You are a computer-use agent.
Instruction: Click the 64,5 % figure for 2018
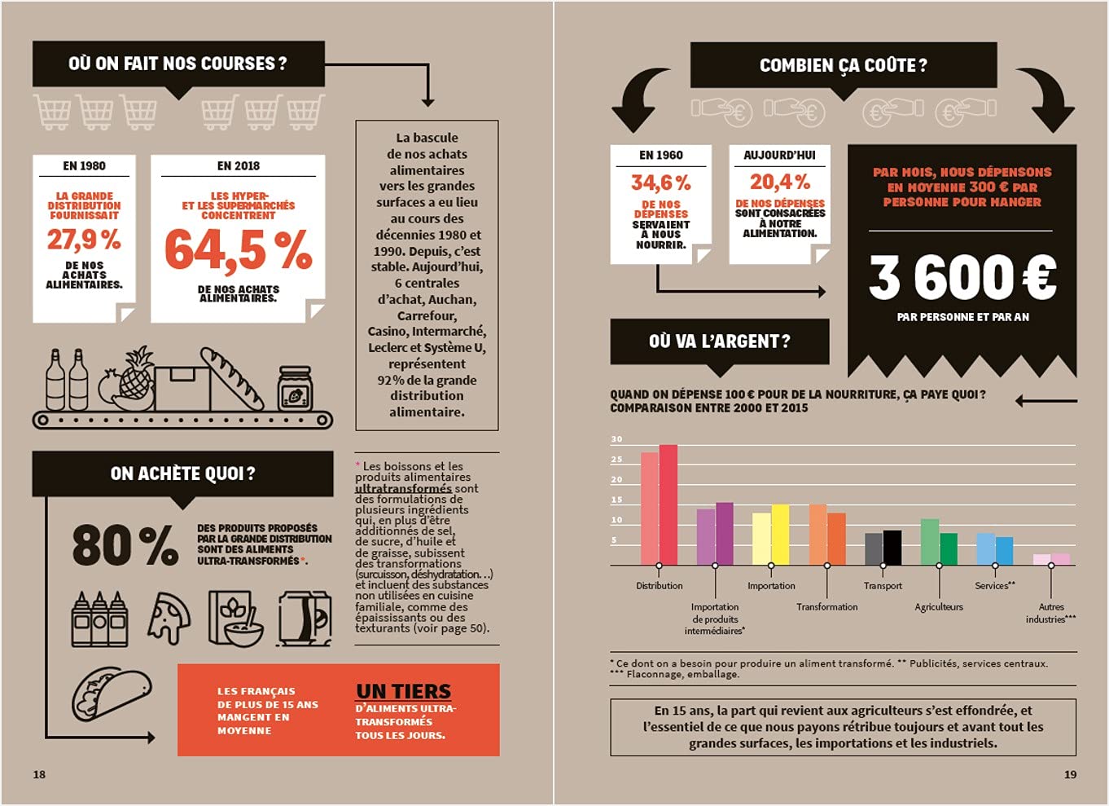(x=238, y=249)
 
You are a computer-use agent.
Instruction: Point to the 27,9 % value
(x=84, y=240)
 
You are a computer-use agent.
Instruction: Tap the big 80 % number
(x=125, y=545)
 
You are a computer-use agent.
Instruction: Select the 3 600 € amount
(x=962, y=277)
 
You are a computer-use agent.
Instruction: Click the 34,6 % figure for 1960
(x=660, y=183)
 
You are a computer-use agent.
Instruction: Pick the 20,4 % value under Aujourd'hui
(x=779, y=181)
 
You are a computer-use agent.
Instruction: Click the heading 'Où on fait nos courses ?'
(x=178, y=64)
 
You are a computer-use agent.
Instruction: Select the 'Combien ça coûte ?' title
(x=843, y=65)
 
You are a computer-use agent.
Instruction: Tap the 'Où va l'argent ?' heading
(x=719, y=341)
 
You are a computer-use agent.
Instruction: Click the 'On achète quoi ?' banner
(x=182, y=473)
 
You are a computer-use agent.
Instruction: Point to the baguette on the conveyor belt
(x=232, y=377)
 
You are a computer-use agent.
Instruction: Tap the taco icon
(x=111, y=693)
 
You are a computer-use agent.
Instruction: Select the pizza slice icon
(x=169, y=617)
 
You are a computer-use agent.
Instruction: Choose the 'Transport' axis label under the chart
(x=883, y=586)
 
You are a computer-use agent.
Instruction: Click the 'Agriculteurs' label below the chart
(x=938, y=607)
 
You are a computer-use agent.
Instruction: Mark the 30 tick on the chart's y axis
(x=616, y=439)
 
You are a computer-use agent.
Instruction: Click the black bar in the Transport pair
(x=892, y=548)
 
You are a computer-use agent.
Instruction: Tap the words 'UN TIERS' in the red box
(x=403, y=691)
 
